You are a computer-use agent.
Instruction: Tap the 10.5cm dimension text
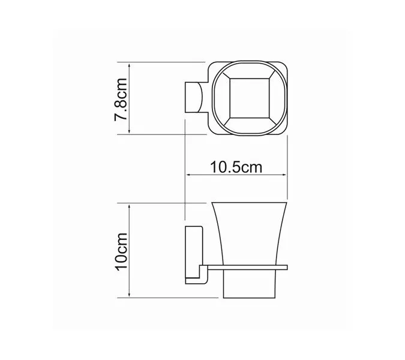click(236, 167)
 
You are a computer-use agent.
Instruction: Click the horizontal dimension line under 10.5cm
click(236, 175)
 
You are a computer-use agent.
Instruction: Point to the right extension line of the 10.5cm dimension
click(287, 156)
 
